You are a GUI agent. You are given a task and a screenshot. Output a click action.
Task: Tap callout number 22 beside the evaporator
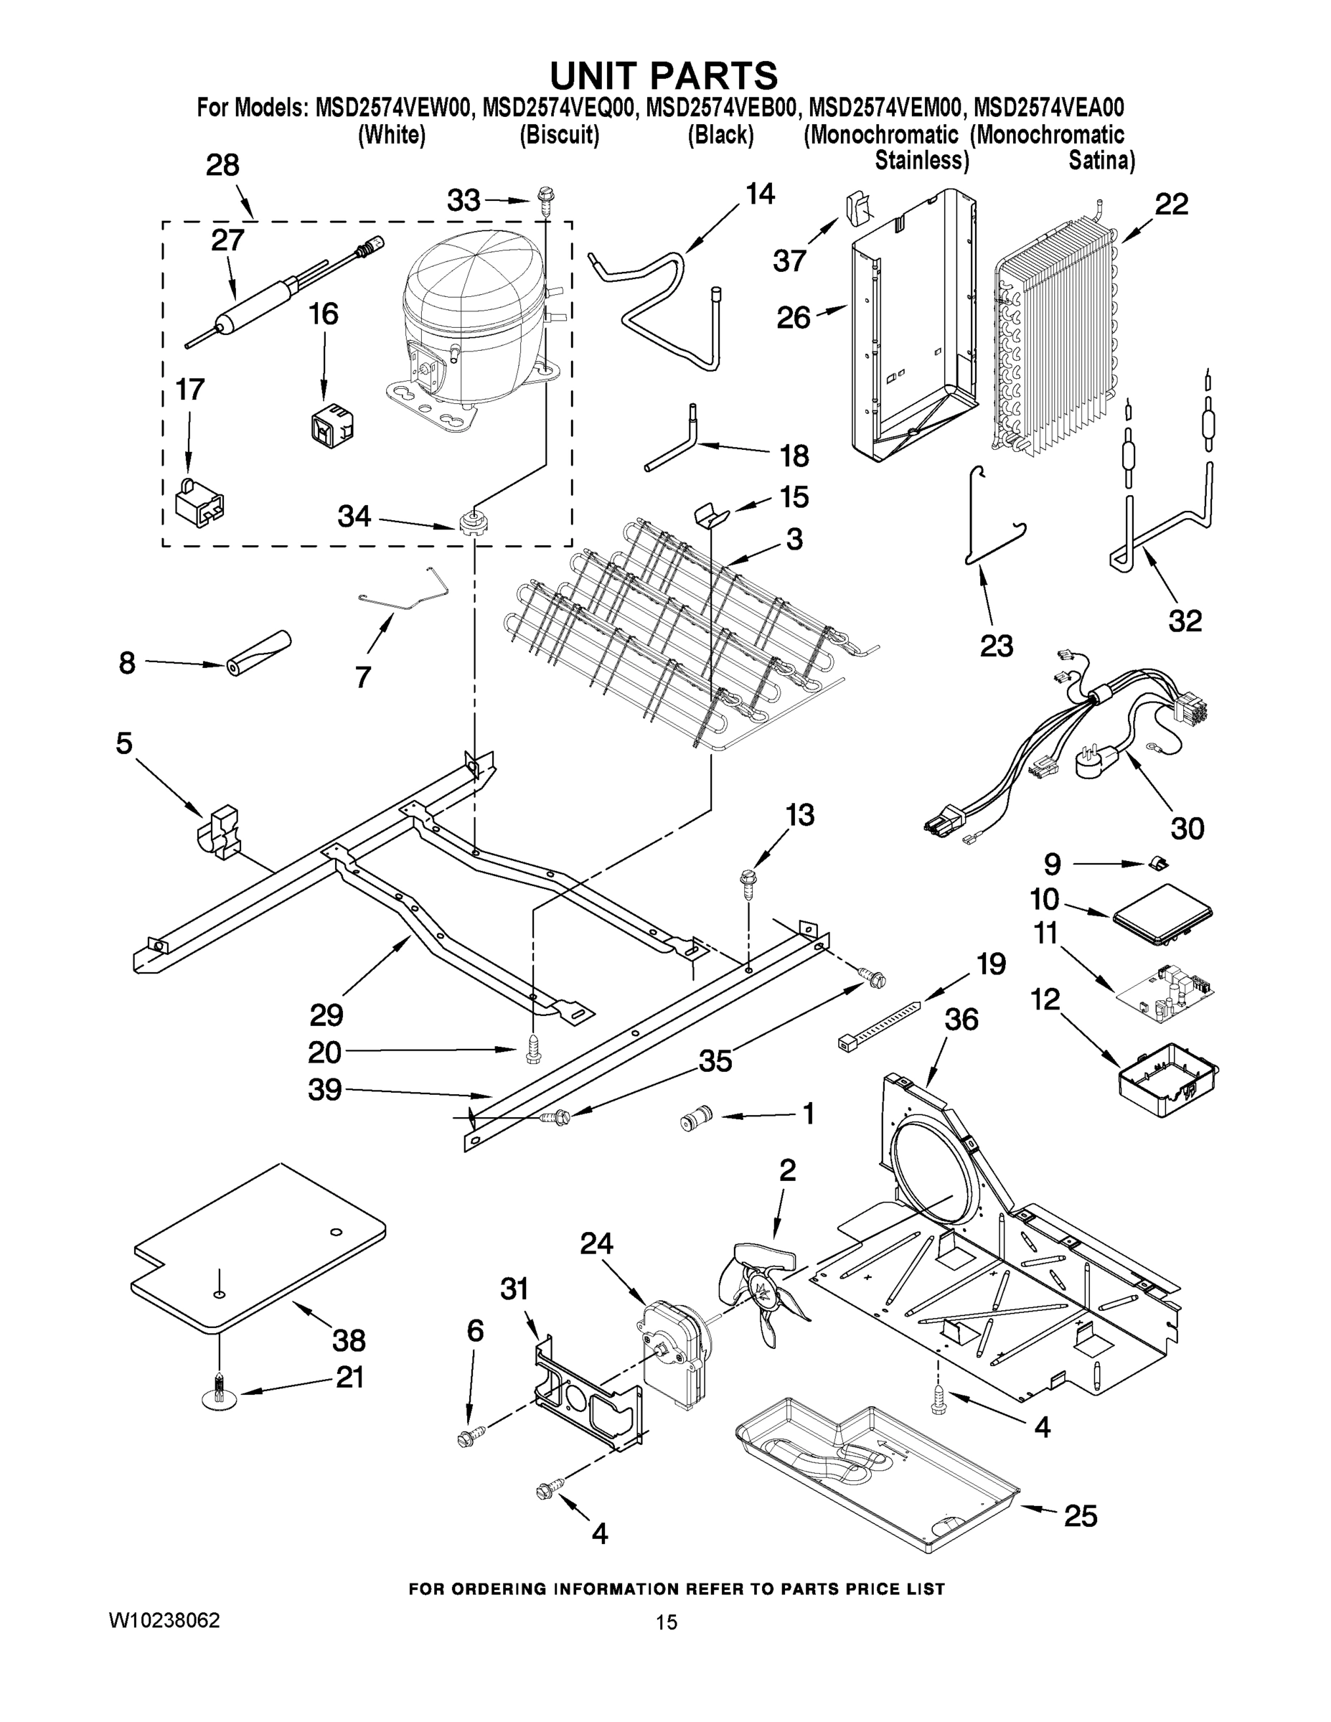[x=1171, y=205]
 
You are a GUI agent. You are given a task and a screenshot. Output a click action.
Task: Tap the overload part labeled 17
[x=198, y=504]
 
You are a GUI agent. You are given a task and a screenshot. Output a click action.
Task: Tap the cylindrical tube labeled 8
[x=256, y=654]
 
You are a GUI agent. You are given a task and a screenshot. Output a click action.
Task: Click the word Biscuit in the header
[x=559, y=136]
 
